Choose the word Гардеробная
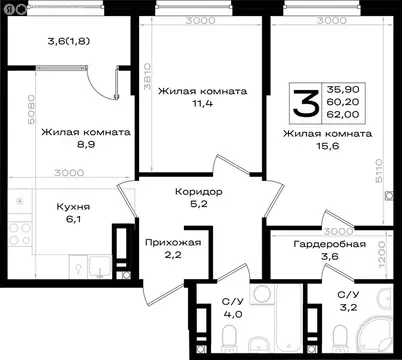tap(329, 244)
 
